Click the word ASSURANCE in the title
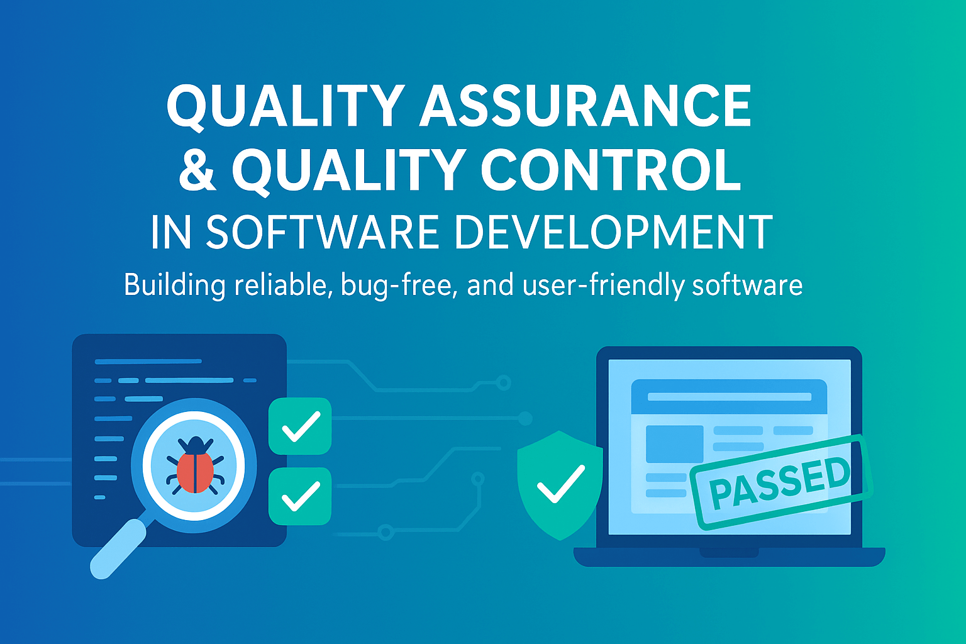586,106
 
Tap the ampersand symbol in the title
197,170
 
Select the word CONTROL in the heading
611,170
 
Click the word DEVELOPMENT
614,232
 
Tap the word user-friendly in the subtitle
603,286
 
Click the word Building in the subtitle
174,286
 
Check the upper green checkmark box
300,426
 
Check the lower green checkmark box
300,496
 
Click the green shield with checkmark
560,485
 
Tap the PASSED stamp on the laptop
781,482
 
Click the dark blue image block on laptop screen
674,444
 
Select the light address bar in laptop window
730,397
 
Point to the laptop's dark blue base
730,557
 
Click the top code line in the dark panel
148,362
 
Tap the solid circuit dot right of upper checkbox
525,418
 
